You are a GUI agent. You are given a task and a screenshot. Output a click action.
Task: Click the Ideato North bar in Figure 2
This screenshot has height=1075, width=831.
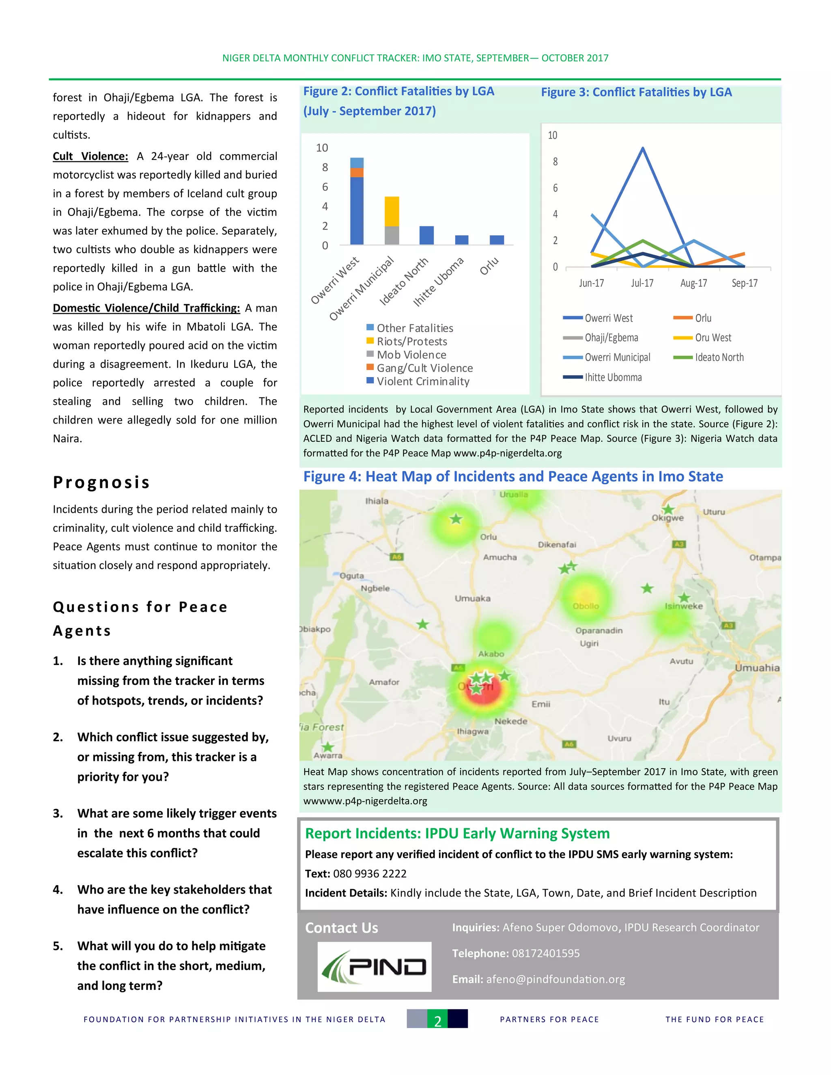(x=426, y=235)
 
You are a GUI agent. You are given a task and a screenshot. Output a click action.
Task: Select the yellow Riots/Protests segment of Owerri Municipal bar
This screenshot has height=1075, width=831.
(x=392, y=211)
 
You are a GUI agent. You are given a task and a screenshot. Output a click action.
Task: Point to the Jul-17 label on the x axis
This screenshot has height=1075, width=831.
(x=642, y=283)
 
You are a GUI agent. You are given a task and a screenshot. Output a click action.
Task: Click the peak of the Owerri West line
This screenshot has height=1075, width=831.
(x=643, y=148)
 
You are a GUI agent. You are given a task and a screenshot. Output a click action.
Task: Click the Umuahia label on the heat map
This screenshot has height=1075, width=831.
(x=757, y=668)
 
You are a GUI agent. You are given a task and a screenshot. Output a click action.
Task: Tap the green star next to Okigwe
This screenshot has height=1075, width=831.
(x=667, y=510)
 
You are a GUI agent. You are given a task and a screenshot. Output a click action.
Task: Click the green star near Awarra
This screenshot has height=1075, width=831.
(x=327, y=747)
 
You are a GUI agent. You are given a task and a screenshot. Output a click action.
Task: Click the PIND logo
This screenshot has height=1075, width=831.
(x=374, y=967)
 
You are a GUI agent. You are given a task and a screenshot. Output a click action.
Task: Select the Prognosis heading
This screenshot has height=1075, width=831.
(x=101, y=482)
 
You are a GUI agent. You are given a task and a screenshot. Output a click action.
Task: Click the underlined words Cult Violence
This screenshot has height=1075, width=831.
(x=90, y=157)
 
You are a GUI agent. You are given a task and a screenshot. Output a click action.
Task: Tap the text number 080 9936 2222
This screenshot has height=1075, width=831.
(x=370, y=874)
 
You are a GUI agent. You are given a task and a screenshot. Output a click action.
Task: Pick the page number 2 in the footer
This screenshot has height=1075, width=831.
(x=437, y=1019)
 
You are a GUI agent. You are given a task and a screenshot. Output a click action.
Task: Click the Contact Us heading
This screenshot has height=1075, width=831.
(x=341, y=928)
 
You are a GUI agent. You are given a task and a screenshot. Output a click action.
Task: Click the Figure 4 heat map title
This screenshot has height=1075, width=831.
(x=512, y=477)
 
